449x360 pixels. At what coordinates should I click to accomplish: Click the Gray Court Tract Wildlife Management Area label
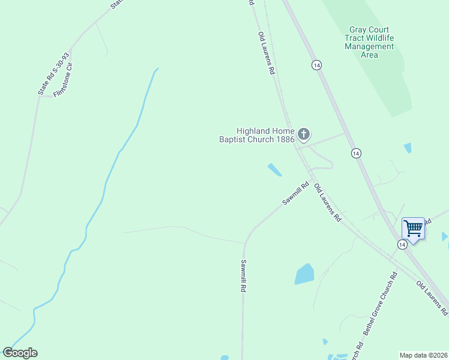coord(369,42)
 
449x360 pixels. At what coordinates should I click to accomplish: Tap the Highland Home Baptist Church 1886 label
coord(257,135)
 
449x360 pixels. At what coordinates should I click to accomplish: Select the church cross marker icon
coord(304,134)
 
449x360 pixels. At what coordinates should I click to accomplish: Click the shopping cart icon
coord(413,227)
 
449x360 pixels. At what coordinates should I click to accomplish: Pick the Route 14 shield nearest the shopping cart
coord(402,244)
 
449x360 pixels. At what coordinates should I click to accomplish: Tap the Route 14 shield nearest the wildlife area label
coord(316,65)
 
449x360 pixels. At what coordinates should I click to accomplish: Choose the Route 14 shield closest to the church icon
coord(356,154)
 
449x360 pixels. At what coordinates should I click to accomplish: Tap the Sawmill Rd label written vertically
coord(244,275)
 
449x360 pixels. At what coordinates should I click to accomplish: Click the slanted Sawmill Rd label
coord(296,193)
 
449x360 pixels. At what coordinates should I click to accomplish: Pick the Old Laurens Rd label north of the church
coord(266,53)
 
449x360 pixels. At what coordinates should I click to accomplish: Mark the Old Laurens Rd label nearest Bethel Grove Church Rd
coord(432,298)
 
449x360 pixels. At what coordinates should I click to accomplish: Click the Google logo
coord(20,353)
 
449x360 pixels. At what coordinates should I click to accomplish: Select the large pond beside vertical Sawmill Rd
coord(304,274)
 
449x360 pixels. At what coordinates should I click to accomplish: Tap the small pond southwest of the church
coord(274,170)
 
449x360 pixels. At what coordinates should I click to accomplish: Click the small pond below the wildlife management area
coord(408,148)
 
